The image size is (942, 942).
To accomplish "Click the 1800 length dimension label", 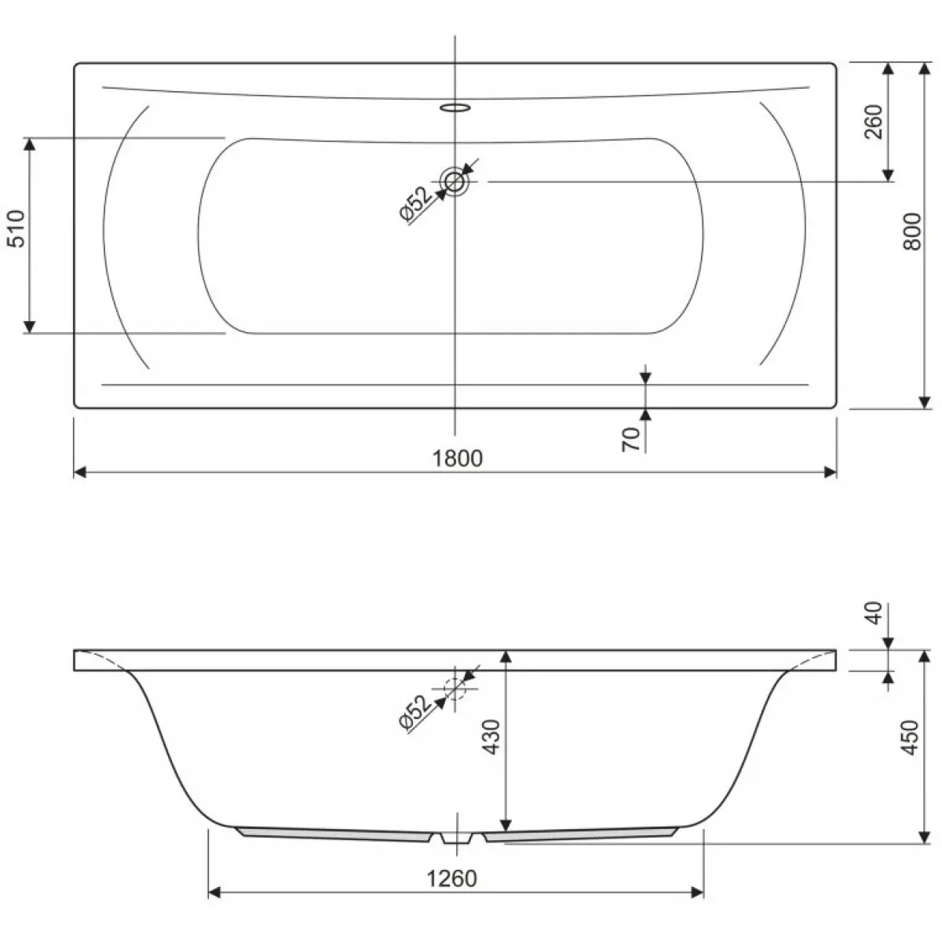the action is click(458, 458).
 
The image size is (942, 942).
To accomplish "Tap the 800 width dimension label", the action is click(912, 232).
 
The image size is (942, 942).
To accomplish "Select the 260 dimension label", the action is click(874, 122).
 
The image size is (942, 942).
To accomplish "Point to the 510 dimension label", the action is click(16, 228).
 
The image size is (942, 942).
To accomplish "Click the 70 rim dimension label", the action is click(631, 439).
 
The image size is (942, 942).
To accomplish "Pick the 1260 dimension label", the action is click(451, 878).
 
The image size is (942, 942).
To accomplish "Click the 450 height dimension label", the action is click(910, 737).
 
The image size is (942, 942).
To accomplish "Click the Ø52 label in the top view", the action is click(416, 204).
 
